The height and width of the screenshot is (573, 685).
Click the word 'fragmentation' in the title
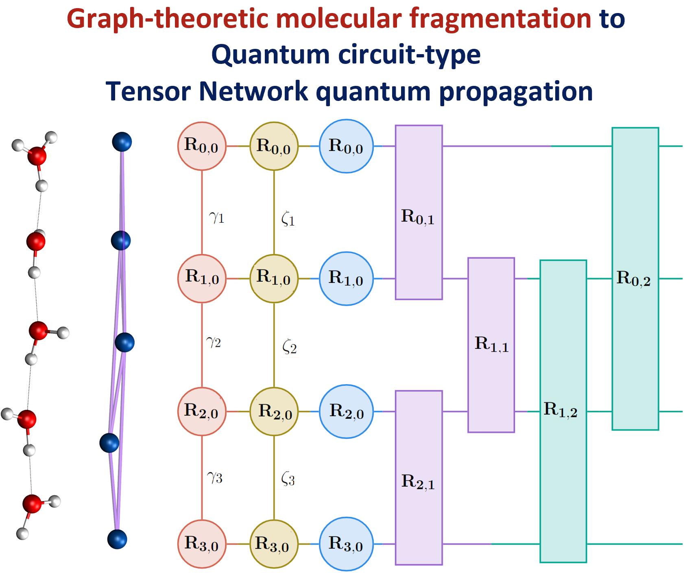[x=500, y=19]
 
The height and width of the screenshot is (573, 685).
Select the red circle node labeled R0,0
[x=202, y=146]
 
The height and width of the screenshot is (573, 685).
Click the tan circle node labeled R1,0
[x=274, y=278]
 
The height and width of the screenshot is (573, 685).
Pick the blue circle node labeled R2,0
[x=346, y=411]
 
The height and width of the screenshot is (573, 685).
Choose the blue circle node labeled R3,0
[x=346, y=544]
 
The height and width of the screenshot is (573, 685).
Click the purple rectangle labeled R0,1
[x=419, y=212]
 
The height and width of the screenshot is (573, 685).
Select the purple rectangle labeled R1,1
[x=491, y=345]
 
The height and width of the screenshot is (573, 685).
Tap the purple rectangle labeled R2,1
[x=419, y=477]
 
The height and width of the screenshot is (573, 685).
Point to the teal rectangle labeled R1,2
[x=563, y=411]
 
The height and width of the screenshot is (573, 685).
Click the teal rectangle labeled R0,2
[x=635, y=278]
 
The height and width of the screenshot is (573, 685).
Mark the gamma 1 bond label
[x=216, y=218]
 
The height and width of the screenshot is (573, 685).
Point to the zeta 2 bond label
[x=289, y=347]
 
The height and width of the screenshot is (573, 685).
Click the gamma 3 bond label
[x=215, y=477]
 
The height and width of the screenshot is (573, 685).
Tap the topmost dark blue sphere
[x=122, y=142]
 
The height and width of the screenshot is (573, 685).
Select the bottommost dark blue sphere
[x=117, y=539]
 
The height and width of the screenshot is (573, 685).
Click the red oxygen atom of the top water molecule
[x=37, y=156]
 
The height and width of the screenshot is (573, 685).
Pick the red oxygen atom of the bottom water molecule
[x=32, y=504]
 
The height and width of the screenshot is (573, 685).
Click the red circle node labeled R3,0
[x=202, y=544]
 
